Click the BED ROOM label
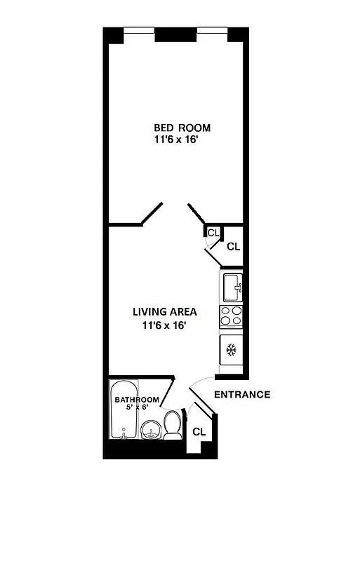182,128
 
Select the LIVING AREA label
165,312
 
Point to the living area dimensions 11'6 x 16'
165,325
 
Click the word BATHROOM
136,400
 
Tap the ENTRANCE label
241,395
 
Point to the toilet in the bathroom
171,425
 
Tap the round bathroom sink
150,430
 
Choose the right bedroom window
212,30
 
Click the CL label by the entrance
199,431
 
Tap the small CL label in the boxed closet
213,232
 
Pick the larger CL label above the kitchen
233,247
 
